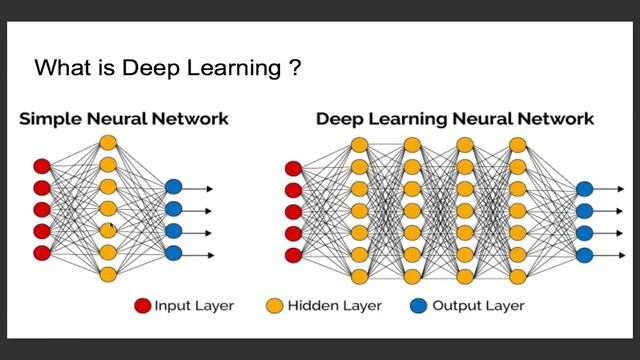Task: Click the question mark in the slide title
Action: click(295, 68)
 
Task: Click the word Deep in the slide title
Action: click(151, 69)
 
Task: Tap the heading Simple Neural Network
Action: click(124, 119)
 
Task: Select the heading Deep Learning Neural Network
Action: click(455, 119)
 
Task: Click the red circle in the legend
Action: click(142, 305)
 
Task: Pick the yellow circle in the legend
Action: click(274, 305)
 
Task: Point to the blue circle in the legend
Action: click(418, 305)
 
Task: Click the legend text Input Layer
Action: click(194, 306)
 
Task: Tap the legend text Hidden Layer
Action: click(335, 305)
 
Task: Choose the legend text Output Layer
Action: click(478, 306)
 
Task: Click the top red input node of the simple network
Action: click(42, 167)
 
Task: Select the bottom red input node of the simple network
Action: click(42, 253)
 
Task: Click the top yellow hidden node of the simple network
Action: click(108, 143)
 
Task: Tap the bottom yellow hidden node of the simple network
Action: click(108, 275)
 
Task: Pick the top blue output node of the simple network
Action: click(173, 187)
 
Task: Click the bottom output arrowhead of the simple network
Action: click(211, 256)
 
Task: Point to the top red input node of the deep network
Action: click(293, 169)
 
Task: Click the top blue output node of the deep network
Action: click(584, 189)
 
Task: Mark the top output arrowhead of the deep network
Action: click(621, 189)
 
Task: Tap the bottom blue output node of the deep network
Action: click(584, 255)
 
